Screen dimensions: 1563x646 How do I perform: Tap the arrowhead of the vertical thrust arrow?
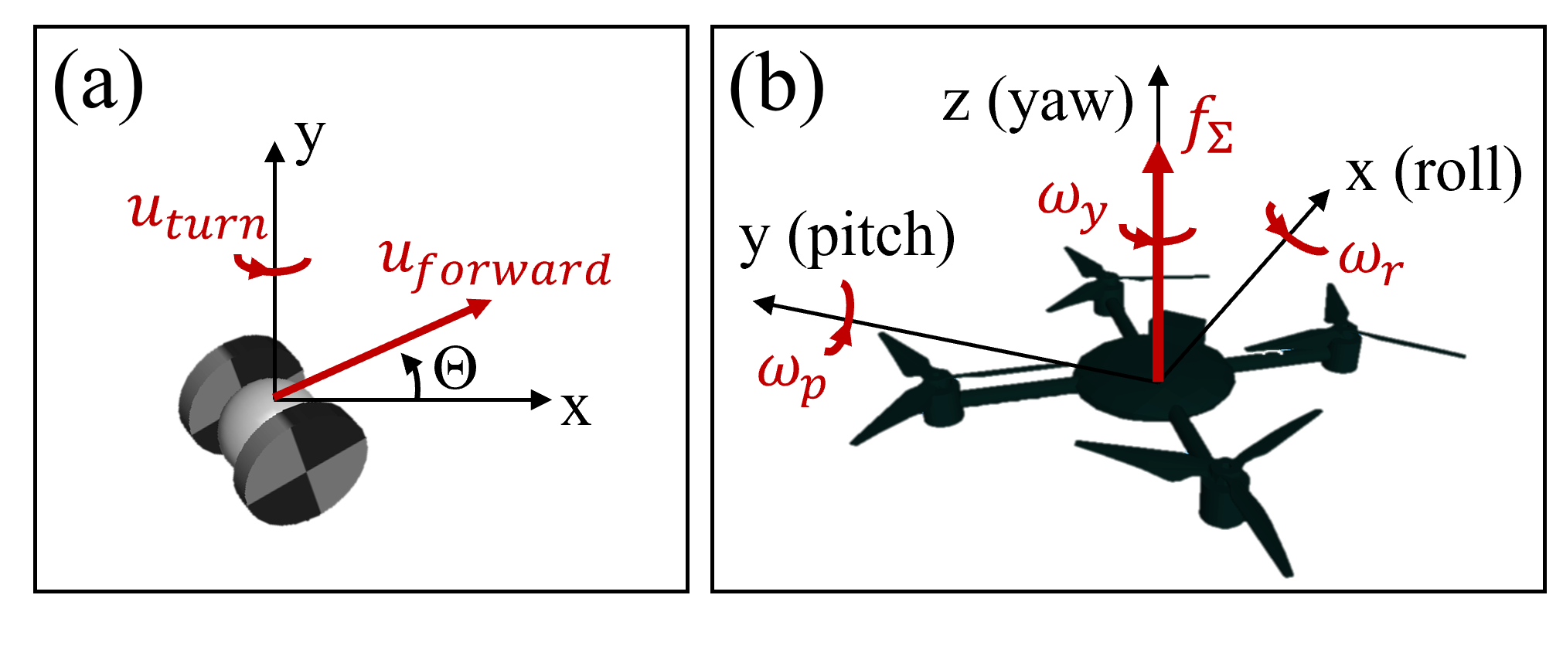pyautogui.click(x=1157, y=158)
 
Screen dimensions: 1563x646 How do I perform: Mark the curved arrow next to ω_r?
pyautogui.click(x=1294, y=232)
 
